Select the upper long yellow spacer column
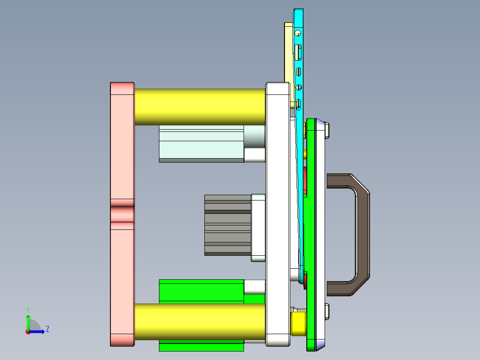point(200,107)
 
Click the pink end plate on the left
point(122,147)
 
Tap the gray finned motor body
point(227,225)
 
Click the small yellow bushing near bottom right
point(298,323)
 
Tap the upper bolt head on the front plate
point(328,131)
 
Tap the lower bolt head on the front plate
point(328,311)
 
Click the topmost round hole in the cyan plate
point(298,33)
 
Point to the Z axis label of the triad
point(47,329)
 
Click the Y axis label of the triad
point(28,309)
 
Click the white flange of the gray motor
point(258,227)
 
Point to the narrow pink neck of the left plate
point(122,214)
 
